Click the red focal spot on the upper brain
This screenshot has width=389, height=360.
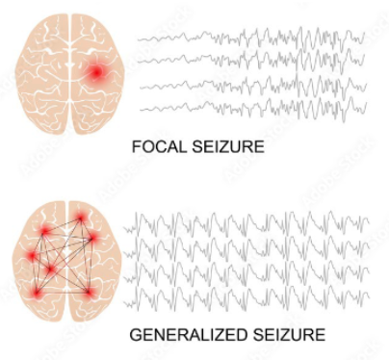point(97,72)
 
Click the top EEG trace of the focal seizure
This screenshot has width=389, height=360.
point(250,39)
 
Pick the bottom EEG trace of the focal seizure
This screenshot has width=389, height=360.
point(250,106)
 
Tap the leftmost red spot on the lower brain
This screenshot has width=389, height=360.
point(31,257)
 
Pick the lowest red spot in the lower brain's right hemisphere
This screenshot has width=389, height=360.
point(89,291)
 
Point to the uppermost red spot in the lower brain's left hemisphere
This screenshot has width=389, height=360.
point(44,232)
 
